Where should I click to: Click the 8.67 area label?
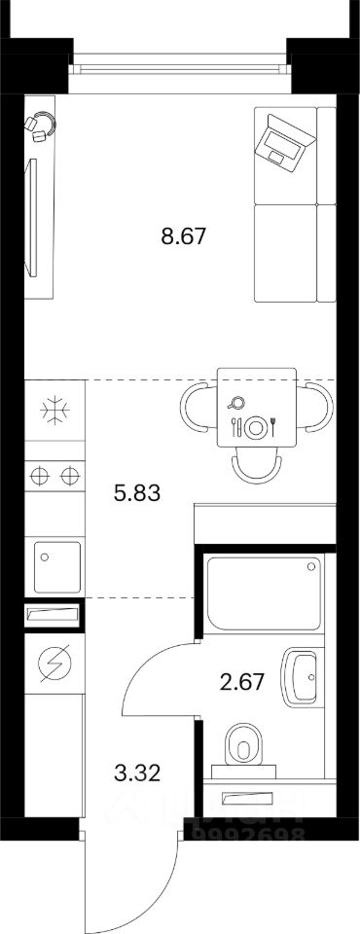point(185,236)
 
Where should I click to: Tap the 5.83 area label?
point(136,493)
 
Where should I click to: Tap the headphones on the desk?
point(41,126)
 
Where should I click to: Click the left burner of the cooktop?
point(40,477)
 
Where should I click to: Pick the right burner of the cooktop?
point(69,477)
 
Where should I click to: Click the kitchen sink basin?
point(55,565)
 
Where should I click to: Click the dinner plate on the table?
point(257,426)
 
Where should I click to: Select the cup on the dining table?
point(236,403)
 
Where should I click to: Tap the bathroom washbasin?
point(304,677)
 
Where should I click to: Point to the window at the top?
point(180,67)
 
